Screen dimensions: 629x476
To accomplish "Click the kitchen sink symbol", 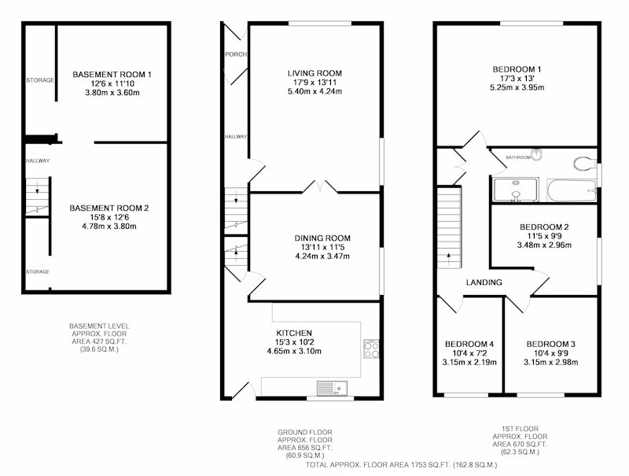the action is click(x=332, y=388).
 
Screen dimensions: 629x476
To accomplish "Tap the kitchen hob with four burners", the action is click(x=371, y=349).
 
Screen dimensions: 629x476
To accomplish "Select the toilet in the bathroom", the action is click(x=585, y=164).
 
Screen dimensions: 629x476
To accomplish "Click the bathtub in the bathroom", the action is click(x=572, y=190).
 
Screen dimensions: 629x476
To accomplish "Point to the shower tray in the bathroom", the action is click(x=516, y=190).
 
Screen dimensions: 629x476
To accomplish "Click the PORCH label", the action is click(x=236, y=54).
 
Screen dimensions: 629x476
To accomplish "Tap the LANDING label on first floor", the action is click(x=484, y=282).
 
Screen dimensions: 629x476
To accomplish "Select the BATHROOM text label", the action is click(x=518, y=157).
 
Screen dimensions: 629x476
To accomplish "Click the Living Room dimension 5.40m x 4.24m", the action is click(x=314, y=91).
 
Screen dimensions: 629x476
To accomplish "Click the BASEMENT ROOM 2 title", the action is click(x=109, y=208).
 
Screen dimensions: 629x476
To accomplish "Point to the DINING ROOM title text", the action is click(x=322, y=238).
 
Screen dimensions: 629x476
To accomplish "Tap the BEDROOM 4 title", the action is click(x=469, y=344).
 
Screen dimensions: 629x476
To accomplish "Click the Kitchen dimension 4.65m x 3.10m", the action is click(x=294, y=351).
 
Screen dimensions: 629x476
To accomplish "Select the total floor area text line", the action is click(x=401, y=465).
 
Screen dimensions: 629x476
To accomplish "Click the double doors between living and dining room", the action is click(x=320, y=187).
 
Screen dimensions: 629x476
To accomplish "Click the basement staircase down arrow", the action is click(x=37, y=188).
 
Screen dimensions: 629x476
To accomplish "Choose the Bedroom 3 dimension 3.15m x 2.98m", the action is click(x=551, y=363).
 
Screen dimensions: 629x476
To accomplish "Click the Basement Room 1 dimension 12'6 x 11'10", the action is click(x=112, y=84).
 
